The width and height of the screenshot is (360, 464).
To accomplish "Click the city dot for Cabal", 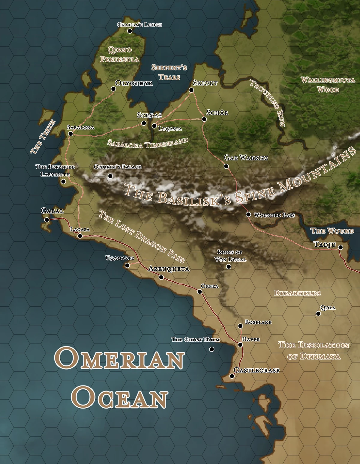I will (47, 220).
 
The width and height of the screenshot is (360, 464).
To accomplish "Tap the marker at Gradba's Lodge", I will (130, 31).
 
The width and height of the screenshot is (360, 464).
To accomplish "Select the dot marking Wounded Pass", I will (248, 214).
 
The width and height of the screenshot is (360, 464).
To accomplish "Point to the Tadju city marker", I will (340, 247).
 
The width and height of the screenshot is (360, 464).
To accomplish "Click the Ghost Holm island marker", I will (211, 349).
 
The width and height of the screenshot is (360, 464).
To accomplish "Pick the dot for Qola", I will (318, 314).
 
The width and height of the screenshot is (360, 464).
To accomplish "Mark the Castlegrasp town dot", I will (232, 376).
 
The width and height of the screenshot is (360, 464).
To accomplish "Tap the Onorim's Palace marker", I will (110, 176).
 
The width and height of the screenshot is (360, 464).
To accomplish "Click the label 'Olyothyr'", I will (134, 83).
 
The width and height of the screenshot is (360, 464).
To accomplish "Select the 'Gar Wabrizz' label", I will (246, 158).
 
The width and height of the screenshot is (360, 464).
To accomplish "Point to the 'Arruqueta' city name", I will (169, 269).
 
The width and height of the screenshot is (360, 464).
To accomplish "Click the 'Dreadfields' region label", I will (297, 293).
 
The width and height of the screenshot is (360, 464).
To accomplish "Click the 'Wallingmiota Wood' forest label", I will (328, 85).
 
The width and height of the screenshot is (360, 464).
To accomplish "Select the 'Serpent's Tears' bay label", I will (169, 72).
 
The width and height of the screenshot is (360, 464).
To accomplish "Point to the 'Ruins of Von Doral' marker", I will (229, 266).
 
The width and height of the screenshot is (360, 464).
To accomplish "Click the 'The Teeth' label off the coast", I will (43, 137).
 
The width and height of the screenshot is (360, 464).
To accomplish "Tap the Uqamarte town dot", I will (127, 265).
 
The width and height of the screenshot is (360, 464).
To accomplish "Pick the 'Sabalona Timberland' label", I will (148, 143).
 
